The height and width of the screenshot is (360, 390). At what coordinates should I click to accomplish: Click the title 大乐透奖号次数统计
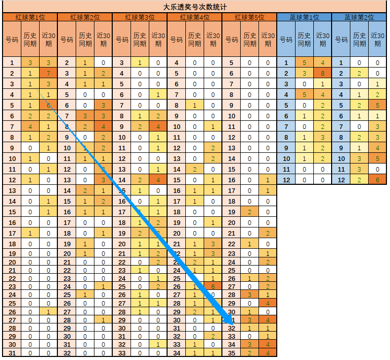194,7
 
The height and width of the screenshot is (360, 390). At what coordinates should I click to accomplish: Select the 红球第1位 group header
30,17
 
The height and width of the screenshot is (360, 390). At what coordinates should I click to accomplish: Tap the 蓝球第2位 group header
359,17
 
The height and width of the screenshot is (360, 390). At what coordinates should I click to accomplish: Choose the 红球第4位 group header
194,17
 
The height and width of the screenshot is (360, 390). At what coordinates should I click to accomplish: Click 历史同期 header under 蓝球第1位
304,39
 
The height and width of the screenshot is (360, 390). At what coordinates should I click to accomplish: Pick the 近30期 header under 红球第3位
158,39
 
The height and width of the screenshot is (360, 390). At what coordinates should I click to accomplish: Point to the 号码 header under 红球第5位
231,39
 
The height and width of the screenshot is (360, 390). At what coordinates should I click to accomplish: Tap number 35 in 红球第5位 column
231,353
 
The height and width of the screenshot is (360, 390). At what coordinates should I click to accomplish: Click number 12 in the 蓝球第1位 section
286,180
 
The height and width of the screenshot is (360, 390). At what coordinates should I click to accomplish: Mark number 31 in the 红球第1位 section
12,353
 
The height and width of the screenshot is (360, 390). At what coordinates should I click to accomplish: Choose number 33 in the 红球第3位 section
121,353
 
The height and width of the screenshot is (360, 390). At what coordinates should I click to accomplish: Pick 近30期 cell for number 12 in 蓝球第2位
377,180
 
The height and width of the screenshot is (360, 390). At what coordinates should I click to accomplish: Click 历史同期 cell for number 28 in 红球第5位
249,294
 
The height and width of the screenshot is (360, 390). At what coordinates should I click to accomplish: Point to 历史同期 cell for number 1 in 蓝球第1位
304,63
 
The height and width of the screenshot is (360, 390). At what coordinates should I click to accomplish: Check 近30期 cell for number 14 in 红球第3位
158,180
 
